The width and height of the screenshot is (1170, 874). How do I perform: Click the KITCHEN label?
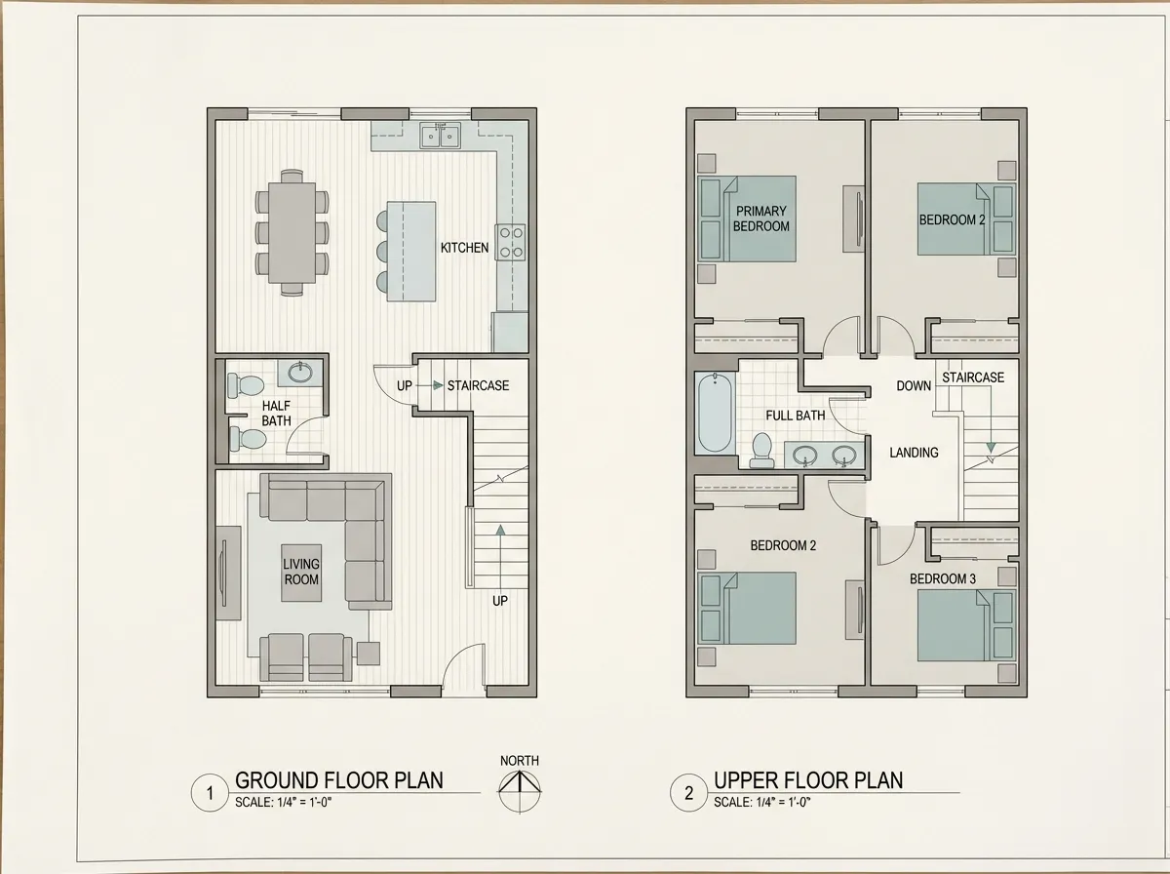(464, 248)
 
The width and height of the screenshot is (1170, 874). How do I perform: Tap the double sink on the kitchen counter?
(440, 136)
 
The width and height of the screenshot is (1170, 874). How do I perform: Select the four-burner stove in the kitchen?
(510, 242)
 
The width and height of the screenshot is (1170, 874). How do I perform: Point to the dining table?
(292, 232)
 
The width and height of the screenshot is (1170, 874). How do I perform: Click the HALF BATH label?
(276, 414)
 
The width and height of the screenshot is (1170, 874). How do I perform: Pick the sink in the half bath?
(300, 373)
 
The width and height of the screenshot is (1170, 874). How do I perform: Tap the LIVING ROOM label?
(301, 572)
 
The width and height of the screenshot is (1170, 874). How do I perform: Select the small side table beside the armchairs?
(369, 654)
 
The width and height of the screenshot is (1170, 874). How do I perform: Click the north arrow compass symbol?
(520, 791)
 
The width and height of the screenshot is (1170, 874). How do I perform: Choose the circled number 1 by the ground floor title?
(210, 793)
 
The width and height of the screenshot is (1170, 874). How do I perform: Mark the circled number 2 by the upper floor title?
(688, 793)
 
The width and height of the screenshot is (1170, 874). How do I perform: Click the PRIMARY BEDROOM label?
(761, 218)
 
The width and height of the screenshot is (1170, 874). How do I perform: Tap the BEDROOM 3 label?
(943, 579)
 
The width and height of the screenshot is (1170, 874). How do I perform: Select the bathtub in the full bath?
(715, 413)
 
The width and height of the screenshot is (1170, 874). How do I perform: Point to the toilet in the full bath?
(762, 451)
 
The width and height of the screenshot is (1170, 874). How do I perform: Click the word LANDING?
(914, 453)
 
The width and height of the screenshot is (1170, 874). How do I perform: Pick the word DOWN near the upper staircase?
(914, 386)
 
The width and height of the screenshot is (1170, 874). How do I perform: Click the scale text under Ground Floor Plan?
(283, 802)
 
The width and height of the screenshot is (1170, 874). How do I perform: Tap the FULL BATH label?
(796, 416)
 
